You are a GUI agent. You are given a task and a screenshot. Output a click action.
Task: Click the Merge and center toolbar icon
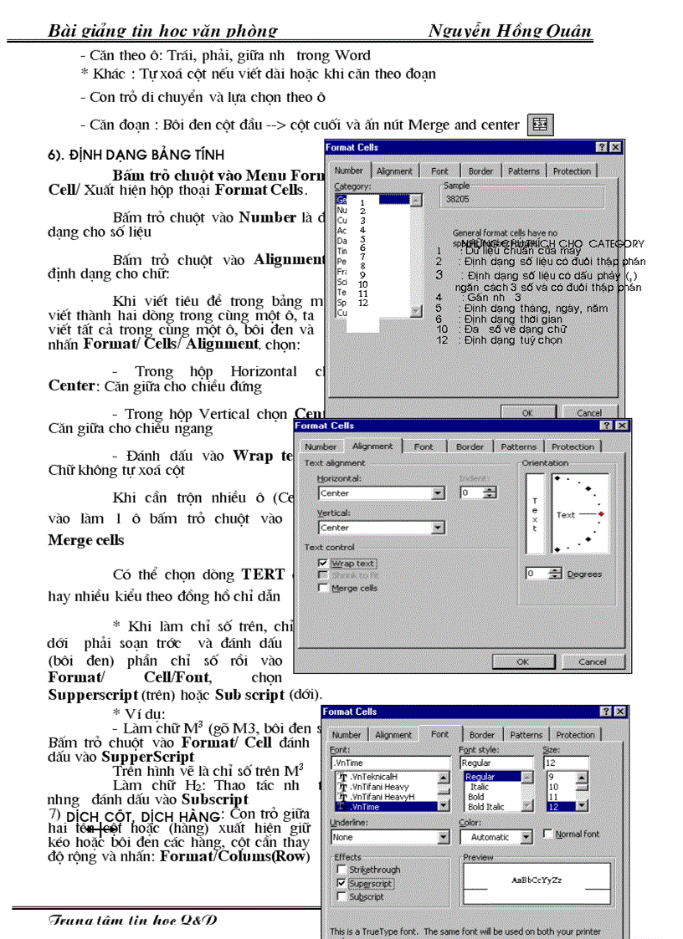click(540, 125)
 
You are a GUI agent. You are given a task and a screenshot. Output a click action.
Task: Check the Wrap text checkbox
click(324, 564)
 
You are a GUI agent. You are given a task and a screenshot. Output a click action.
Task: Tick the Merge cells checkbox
click(324, 588)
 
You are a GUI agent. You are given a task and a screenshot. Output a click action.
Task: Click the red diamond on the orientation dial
click(601, 513)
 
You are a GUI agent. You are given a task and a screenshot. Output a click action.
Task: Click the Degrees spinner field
click(536, 574)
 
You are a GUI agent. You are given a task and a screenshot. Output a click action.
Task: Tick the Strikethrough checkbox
click(340, 870)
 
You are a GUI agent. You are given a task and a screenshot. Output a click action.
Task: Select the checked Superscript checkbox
click(340, 883)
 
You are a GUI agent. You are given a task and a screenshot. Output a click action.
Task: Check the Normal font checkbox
click(547, 834)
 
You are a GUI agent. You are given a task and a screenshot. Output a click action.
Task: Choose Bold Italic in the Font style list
click(486, 807)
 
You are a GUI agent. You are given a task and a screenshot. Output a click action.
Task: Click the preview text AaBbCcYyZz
click(537, 880)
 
